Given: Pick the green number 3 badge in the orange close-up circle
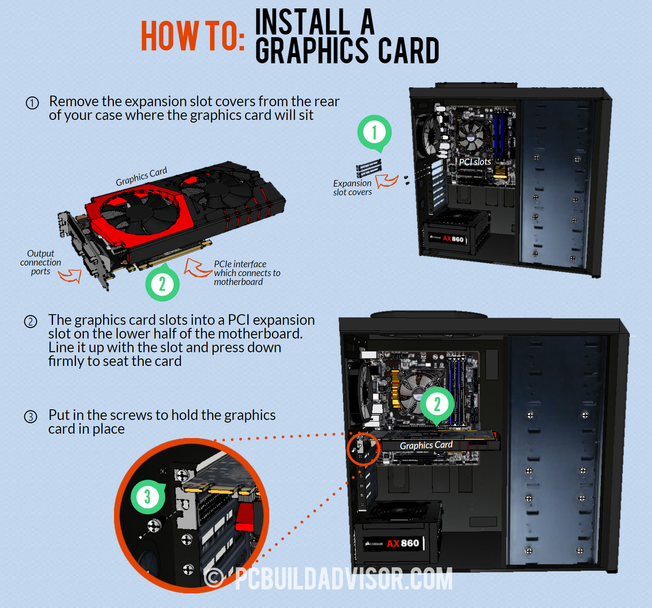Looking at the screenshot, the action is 148,496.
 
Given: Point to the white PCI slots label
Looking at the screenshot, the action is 475,162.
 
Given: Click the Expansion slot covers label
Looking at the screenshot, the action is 352,188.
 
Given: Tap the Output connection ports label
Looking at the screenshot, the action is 40,262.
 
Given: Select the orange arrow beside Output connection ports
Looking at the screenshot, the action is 70,275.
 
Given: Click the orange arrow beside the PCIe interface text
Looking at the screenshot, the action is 197,268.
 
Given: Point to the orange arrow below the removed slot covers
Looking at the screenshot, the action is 387,181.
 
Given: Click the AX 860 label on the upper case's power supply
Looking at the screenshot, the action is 453,239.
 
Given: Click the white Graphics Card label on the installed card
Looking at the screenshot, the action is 426,445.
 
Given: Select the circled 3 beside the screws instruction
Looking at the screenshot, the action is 31,417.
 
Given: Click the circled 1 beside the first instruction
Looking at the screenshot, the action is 32,103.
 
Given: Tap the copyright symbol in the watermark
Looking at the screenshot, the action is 214,578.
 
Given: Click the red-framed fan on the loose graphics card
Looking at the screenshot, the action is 140,212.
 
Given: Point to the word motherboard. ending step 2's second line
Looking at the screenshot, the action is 260,334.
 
